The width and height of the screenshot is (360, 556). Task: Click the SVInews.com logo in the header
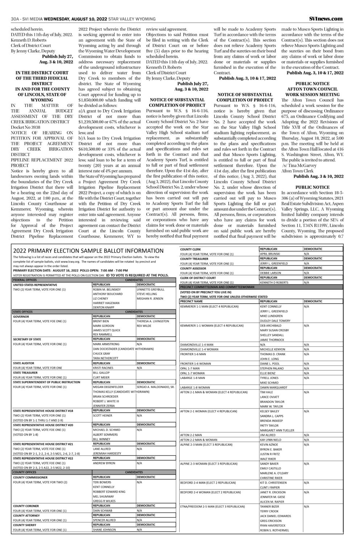coord(326,18)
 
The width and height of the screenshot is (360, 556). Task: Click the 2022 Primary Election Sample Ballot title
coord(88,251)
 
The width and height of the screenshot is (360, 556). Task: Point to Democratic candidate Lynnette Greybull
coord(151,290)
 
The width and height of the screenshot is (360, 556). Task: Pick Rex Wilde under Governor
coord(144,325)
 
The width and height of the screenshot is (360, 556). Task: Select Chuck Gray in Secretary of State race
coord(101,353)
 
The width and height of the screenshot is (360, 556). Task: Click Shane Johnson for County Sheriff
coord(104,530)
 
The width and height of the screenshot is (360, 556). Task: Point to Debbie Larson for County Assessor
coord(271,273)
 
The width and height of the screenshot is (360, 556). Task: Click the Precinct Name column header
coord(191,301)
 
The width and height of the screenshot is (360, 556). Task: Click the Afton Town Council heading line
coord(313,89)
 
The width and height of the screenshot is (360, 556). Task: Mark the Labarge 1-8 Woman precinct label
coord(195,387)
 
